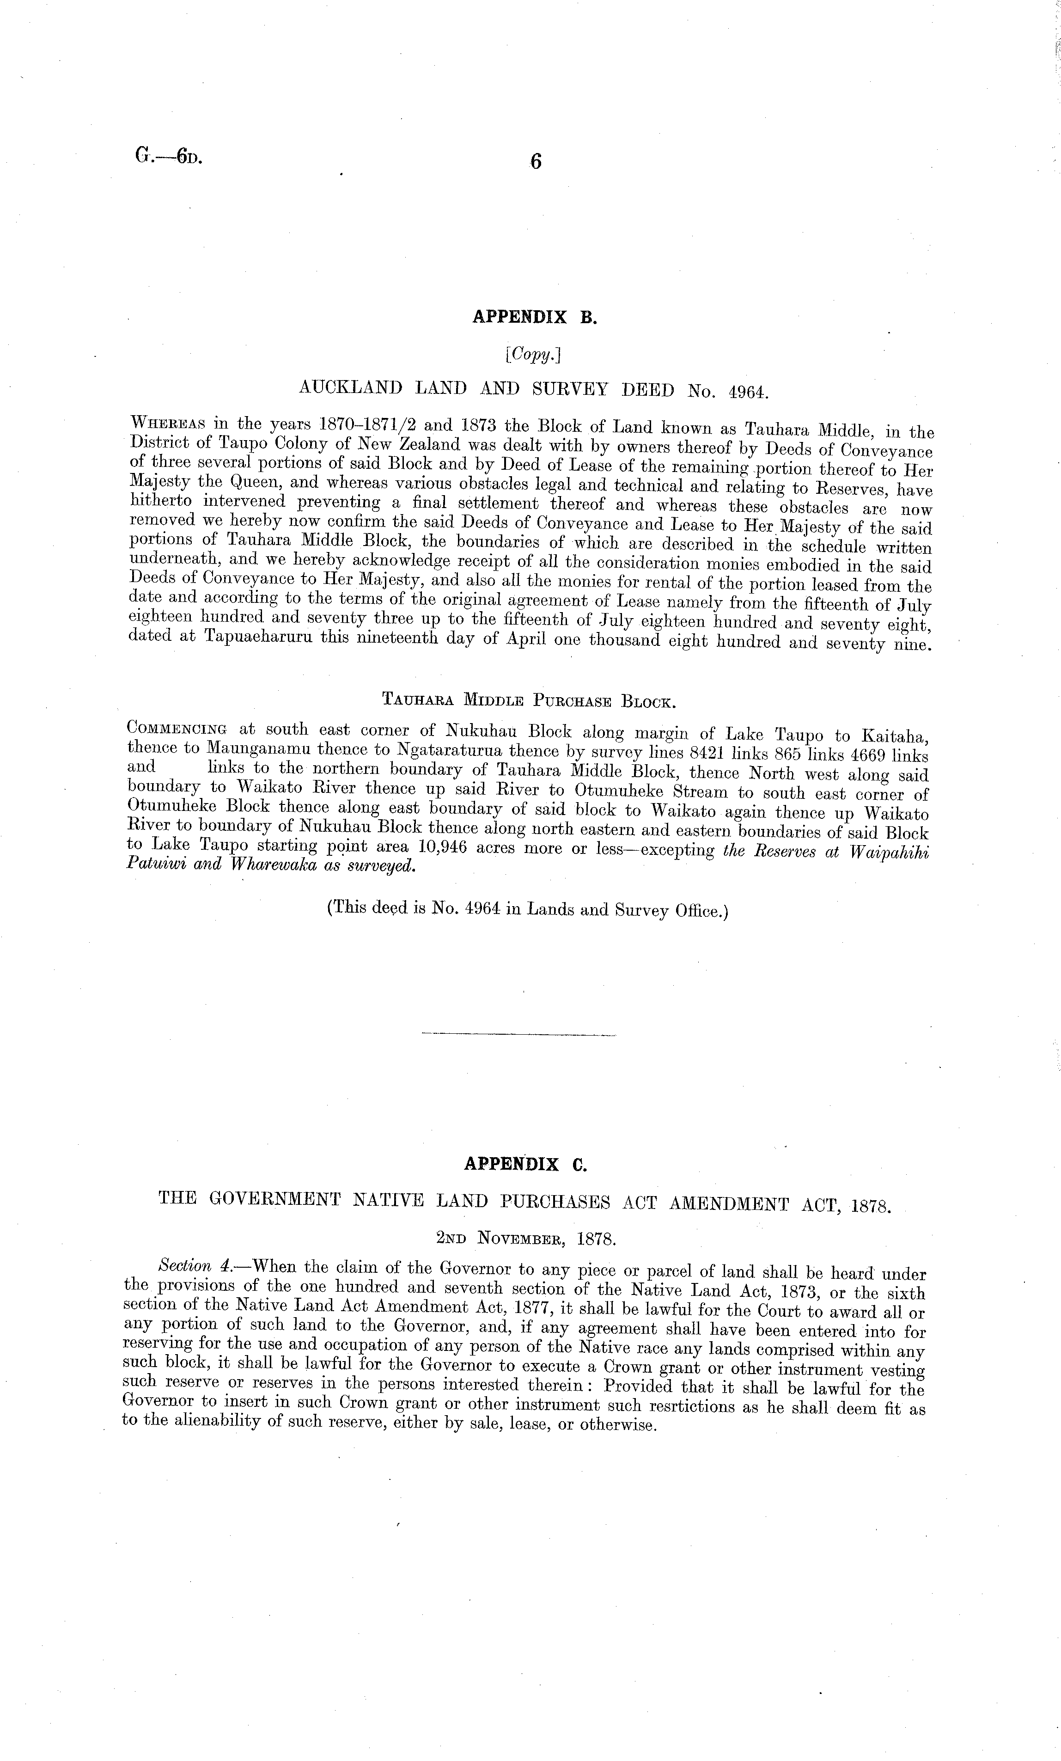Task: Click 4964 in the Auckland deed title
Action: [747, 392]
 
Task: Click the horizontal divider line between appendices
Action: [518, 1034]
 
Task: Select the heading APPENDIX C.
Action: [525, 1164]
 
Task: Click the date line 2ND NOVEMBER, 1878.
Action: [526, 1239]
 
